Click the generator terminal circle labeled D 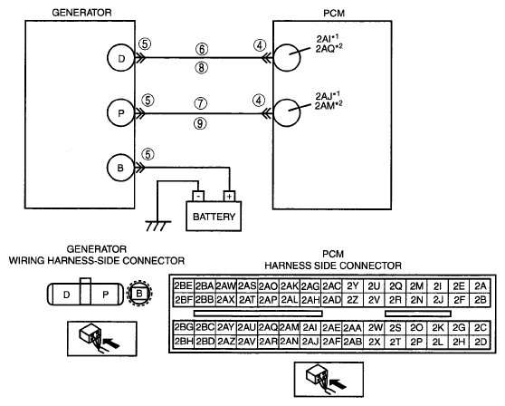coord(120,58)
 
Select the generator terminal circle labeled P coord(120,113)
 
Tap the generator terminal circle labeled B coord(120,168)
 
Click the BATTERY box coord(214,216)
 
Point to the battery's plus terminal coord(229,196)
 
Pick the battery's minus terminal coord(198,196)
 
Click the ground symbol coord(158,226)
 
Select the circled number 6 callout coord(202,49)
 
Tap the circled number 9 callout coord(200,123)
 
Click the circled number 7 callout coord(200,103)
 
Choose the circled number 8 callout coord(201,68)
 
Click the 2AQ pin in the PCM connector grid coord(268,327)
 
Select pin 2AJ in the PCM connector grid coord(310,341)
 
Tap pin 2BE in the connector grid coord(184,286)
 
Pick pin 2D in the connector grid coord(480,341)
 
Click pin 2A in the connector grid coord(480,286)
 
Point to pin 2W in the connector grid coord(375,327)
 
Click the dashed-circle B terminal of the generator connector coord(139,294)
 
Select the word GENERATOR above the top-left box coord(81,13)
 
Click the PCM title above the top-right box coord(334,14)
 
